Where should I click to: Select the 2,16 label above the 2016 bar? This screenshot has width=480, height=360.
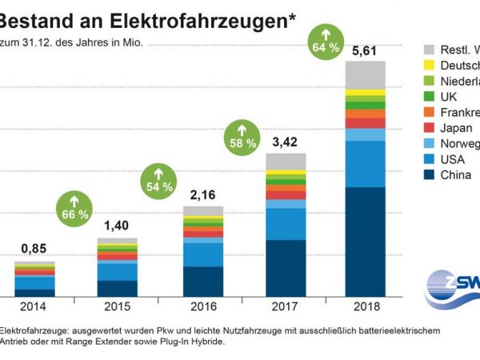(x=203, y=194)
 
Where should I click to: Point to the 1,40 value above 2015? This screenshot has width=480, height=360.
(x=117, y=226)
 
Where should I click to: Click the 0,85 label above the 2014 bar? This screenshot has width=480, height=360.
(x=34, y=249)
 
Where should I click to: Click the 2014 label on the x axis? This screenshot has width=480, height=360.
(x=34, y=306)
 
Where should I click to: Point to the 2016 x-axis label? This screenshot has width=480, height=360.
(x=203, y=306)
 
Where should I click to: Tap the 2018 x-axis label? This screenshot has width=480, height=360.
(x=365, y=306)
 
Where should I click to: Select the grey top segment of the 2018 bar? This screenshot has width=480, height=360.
(x=365, y=74)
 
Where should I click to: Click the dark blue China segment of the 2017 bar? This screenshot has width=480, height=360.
(x=285, y=268)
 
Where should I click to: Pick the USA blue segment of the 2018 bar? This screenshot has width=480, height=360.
(x=365, y=164)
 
